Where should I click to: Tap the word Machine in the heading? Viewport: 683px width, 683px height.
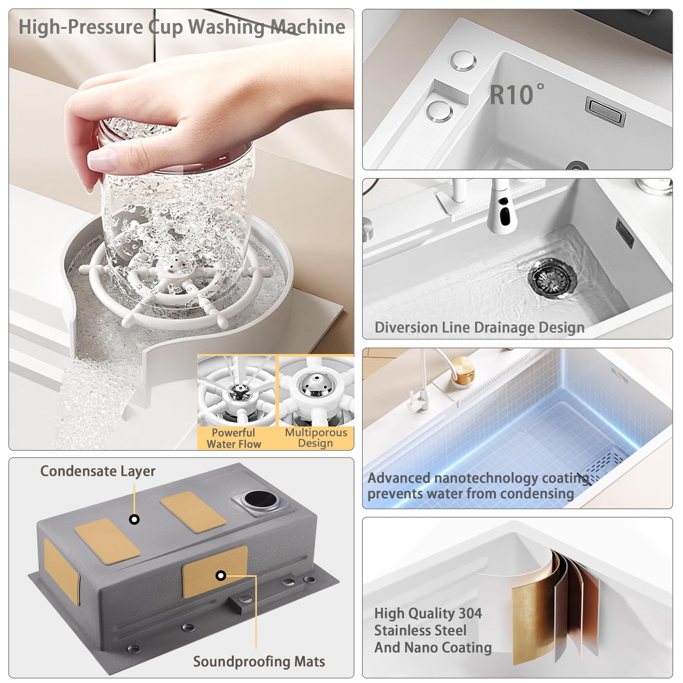pyautogui.click(x=308, y=27)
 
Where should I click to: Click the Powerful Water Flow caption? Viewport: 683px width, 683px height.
pyautogui.click(x=234, y=438)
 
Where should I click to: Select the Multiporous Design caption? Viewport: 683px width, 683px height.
pyautogui.click(x=316, y=438)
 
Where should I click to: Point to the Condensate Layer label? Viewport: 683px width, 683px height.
pyautogui.click(x=98, y=471)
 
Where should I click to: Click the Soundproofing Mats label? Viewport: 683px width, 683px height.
pyautogui.click(x=259, y=661)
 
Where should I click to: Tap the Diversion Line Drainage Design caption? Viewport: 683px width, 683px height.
pyautogui.click(x=480, y=327)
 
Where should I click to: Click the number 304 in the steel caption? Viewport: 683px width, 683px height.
pyautogui.click(x=470, y=613)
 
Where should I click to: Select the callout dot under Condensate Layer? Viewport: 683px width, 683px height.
pyautogui.click(x=134, y=519)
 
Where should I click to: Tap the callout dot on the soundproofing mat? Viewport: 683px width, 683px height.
pyautogui.click(x=221, y=576)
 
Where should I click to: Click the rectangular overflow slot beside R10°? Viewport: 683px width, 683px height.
pyautogui.click(x=605, y=111)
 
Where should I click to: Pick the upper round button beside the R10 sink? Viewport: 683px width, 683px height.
pyautogui.click(x=463, y=61)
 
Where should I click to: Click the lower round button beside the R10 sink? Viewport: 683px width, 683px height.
pyautogui.click(x=439, y=112)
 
